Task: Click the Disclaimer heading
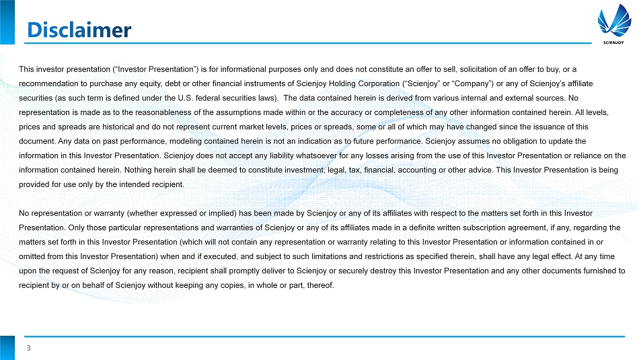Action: point(78,30)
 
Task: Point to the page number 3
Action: point(29,348)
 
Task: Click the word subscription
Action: point(458,227)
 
